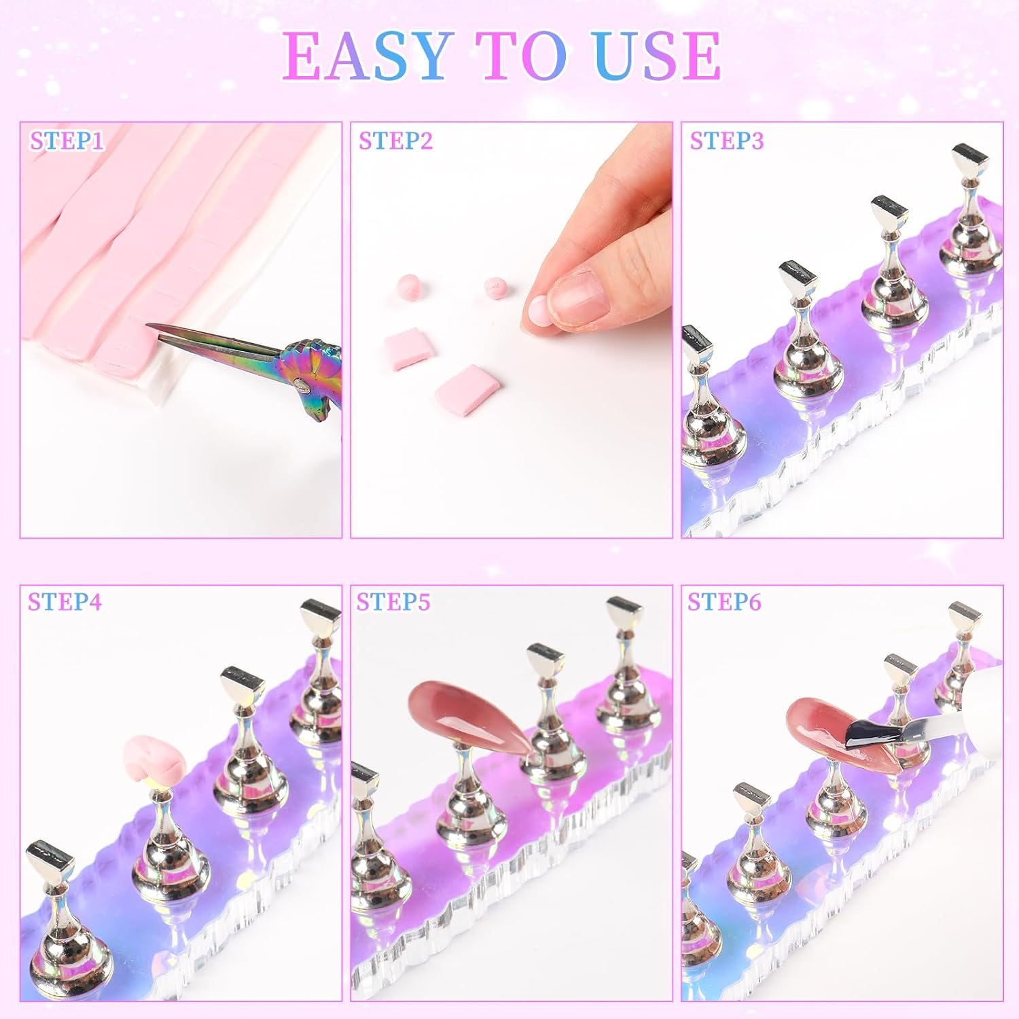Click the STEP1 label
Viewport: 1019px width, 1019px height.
[x=67, y=141]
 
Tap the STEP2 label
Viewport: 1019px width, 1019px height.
[x=395, y=141]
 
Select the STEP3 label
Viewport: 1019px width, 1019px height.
[x=726, y=141]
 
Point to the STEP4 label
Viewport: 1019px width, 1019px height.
[x=65, y=602]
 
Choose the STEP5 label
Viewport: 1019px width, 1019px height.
[x=393, y=602]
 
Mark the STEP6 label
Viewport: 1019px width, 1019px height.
[x=724, y=602]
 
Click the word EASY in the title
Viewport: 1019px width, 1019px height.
[x=368, y=56]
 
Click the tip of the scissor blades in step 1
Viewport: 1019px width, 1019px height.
[x=149, y=327]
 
